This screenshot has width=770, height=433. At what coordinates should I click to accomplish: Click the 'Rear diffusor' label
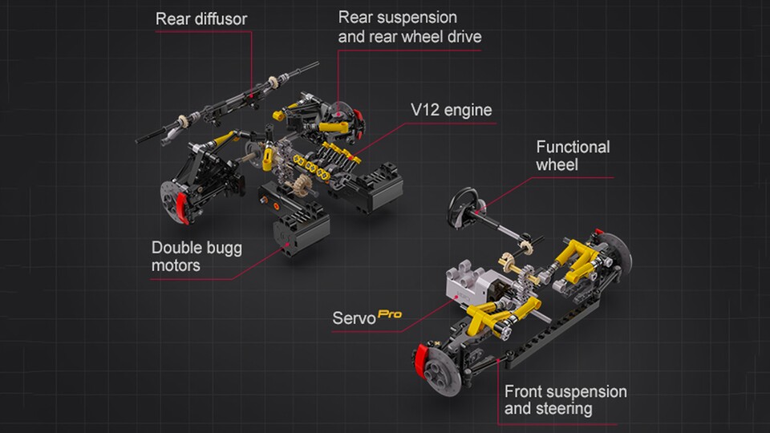[x=201, y=19]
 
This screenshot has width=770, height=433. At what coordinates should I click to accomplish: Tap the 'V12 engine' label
[x=451, y=110]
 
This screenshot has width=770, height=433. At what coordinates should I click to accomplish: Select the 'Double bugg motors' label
[x=197, y=257]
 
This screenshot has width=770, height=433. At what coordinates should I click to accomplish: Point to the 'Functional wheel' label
[x=573, y=156]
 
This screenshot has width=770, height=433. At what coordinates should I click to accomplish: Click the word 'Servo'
[x=354, y=318]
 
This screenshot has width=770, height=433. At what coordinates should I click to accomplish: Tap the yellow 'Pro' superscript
[x=390, y=314]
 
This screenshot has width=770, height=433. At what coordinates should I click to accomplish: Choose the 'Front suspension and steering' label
[x=565, y=400]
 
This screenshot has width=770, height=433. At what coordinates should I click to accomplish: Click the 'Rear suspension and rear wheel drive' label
[x=410, y=27]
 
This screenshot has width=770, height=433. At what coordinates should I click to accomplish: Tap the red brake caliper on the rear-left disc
[x=183, y=207]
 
